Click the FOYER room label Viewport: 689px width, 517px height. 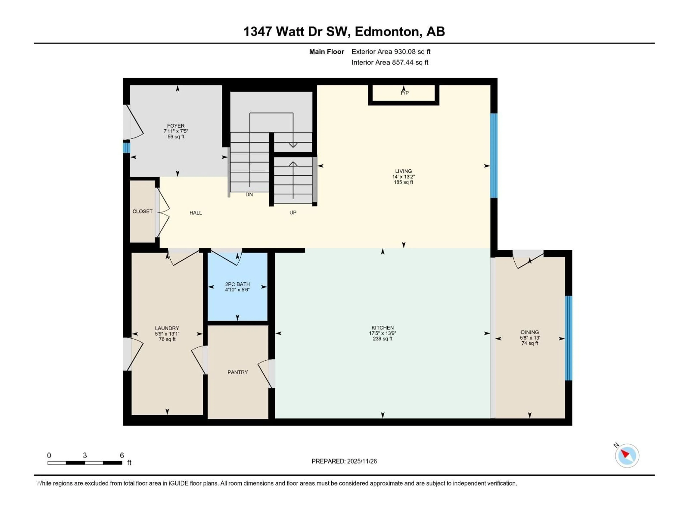[x=176, y=126]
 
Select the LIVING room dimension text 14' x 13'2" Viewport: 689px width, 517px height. [x=403, y=177]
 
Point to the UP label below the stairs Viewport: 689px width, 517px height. [x=293, y=213]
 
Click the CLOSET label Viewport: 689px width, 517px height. [x=142, y=211]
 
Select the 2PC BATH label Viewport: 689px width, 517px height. [x=237, y=284]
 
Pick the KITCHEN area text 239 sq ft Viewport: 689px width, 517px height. [x=383, y=339]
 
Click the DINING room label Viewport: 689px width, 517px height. [x=529, y=332]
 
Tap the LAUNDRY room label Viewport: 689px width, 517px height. [x=167, y=328]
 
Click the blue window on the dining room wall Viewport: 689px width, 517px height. [x=568, y=338]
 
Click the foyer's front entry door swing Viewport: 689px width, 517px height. [x=133, y=122]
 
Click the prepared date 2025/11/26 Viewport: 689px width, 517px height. [x=362, y=461]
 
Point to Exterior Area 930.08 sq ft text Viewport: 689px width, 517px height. [x=391, y=52]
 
